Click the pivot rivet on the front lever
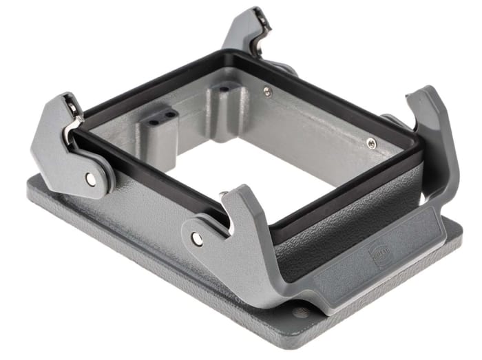pos(197,239)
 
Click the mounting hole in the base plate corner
pos(301,313)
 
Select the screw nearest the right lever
pos(372,142)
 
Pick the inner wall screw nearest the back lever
pos(268,91)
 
